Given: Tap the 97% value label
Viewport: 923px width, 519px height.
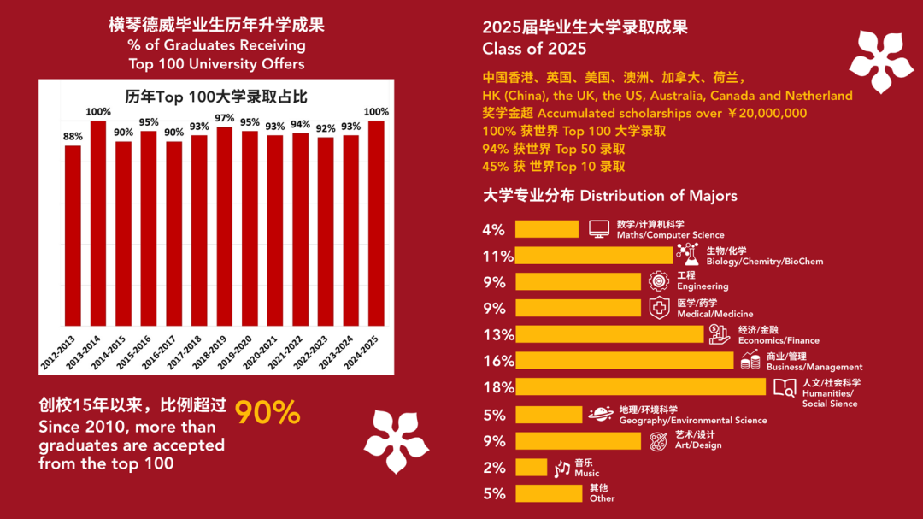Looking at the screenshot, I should [225, 118].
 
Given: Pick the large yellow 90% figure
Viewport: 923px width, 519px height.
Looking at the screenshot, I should [267, 413].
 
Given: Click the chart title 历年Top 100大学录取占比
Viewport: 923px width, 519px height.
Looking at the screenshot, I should [215, 95].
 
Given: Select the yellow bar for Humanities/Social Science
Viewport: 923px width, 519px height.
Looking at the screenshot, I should [641, 387].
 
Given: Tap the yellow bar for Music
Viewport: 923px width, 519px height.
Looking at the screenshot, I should [531, 468].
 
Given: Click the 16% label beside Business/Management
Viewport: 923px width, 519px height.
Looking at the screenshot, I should [498, 361].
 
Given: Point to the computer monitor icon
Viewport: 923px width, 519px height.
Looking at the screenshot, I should [599, 229].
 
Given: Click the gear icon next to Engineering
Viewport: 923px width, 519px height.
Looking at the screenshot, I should [658, 281].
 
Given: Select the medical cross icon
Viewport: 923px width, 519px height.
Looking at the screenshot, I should [659, 308].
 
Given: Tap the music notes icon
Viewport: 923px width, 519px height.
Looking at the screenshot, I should [561, 469].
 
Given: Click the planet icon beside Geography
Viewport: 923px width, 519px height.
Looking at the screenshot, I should [600, 415].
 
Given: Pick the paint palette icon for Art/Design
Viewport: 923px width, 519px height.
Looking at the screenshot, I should [658, 441].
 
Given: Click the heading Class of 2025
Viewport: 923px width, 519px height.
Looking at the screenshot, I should [534, 48].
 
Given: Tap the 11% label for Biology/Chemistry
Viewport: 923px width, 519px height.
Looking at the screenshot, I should [498, 256].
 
